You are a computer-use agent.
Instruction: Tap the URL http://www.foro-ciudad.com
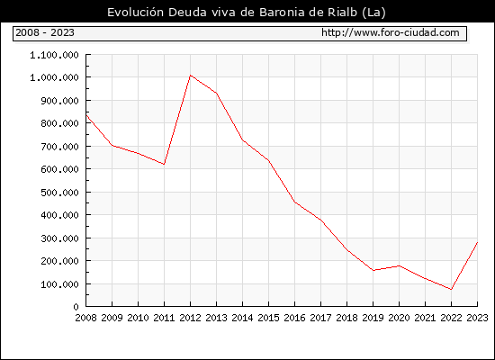(x=391, y=32)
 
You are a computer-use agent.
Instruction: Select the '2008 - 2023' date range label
(x=45, y=32)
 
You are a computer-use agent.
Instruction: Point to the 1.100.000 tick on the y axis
(x=54, y=55)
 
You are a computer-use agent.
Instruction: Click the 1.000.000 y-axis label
(x=54, y=77)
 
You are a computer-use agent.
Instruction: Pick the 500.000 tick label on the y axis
(x=59, y=193)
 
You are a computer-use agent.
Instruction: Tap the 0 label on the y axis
(x=76, y=307)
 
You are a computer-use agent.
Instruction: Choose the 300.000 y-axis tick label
(x=59, y=238)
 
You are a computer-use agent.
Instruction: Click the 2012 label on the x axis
(x=190, y=318)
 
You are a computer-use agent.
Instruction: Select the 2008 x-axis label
(x=85, y=318)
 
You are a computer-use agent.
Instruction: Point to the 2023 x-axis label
(x=477, y=318)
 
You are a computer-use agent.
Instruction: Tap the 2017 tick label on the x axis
(x=320, y=318)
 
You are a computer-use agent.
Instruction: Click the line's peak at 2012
(x=191, y=76)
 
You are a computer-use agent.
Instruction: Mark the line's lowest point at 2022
(x=452, y=289)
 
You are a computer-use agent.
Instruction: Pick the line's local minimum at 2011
(x=164, y=164)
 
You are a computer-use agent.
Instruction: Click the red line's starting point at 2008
(x=86, y=115)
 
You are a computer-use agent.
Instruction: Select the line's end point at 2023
(x=477, y=242)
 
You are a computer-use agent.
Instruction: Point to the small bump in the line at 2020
(x=400, y=265)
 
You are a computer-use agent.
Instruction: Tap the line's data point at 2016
(x=295, y=202)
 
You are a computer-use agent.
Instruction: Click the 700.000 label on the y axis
(x=59, y=147)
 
